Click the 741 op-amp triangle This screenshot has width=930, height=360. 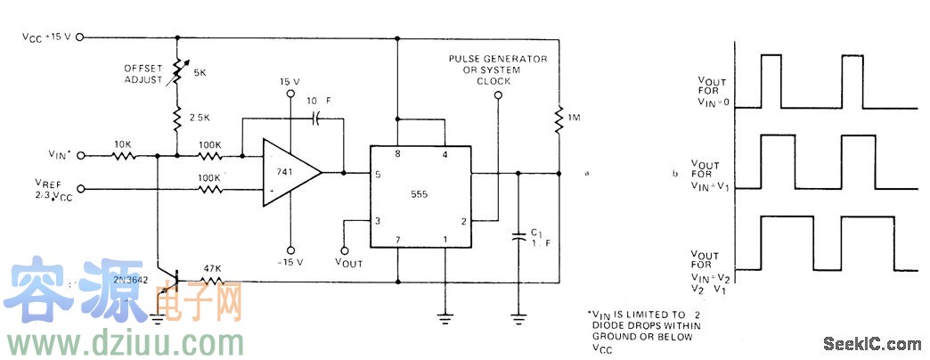pyautogui.click(x=287, y=172)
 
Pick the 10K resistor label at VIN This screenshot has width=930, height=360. pyautogui.click(x=125, y=143)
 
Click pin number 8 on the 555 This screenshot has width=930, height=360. pyautogui.click(x=398, y=154)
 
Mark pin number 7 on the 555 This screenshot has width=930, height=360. pyautogui.click(x=397, y=240)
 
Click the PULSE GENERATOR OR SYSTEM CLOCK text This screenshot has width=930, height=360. pyautogui.click(x=499, y=70)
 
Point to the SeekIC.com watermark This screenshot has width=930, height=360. pyautogui.click(x=872, y=343)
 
